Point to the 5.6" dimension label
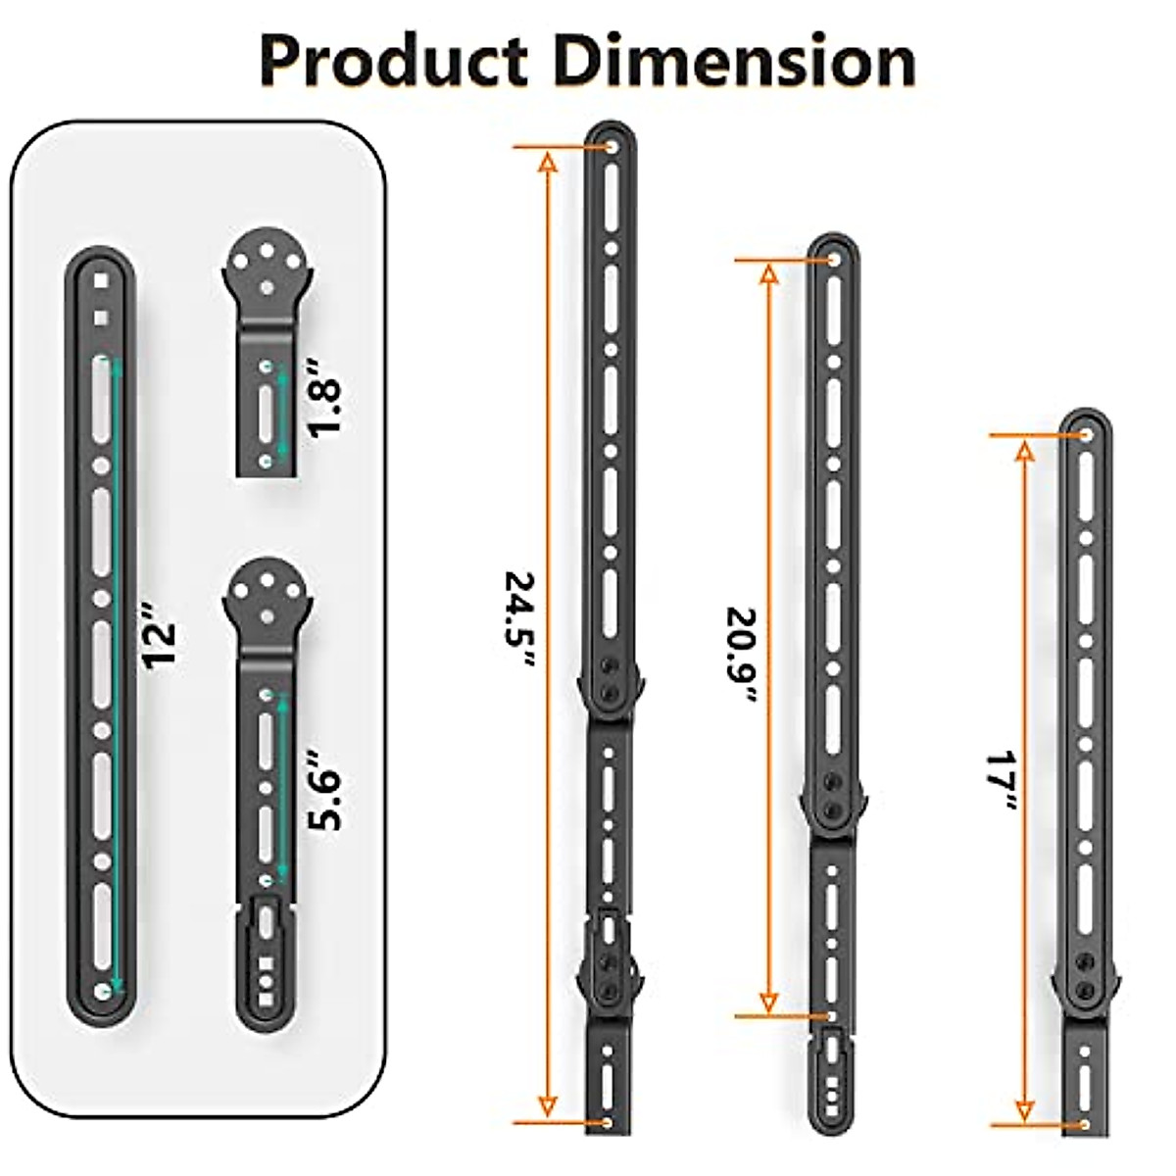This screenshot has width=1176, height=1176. click(324, 791)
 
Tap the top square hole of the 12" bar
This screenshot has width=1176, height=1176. click(100, 280)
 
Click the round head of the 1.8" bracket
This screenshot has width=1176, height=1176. click(269, 267)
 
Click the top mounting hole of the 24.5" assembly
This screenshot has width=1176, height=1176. click(612, 147)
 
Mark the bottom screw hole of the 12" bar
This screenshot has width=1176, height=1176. click(101, 992)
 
